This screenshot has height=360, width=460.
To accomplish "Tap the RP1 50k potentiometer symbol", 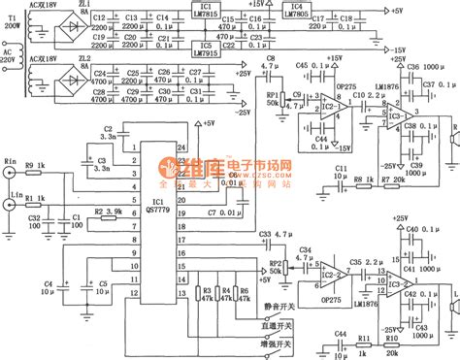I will click(x=273, y=99).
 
